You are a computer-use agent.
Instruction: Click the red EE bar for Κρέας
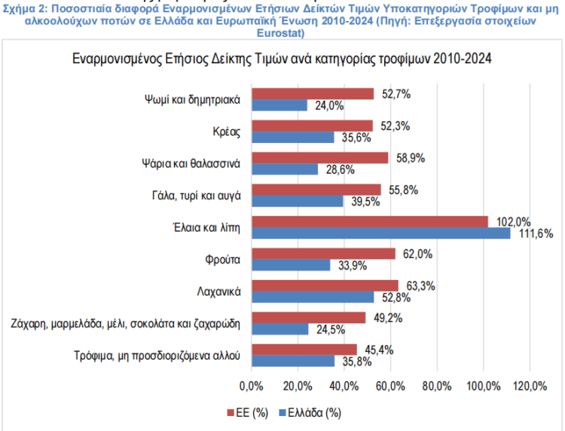coord(311,126)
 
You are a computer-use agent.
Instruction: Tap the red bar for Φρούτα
coord(322,253)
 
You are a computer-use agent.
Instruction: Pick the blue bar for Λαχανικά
coord(312,297)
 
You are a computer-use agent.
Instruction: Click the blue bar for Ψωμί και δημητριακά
coord(279,105)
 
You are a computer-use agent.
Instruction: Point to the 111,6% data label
coord(538,234)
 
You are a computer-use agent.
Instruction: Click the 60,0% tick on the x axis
coord(390,387)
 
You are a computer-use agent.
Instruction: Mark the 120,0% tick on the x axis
coord(530,387)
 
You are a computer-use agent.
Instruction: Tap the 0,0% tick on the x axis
coord(250,387)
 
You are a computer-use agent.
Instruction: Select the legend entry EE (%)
coord(251,412)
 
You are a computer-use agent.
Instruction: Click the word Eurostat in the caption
coord(281,34)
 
